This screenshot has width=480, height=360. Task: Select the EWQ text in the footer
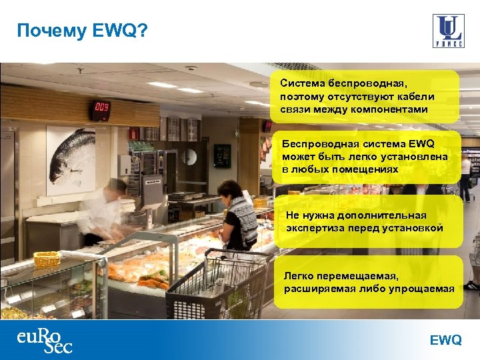tap(445, 340)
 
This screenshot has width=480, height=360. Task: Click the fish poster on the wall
tap(70, 159)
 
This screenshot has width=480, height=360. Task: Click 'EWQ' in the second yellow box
tap(420, 143)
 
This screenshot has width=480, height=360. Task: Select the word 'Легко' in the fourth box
tap(298, 275)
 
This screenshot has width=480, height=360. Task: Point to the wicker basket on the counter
tap(47, 259)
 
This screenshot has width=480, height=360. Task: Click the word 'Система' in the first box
tap(302, 84)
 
